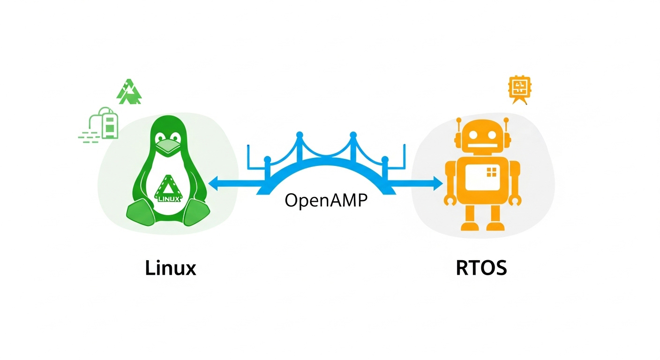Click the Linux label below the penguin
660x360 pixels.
pos(170,268)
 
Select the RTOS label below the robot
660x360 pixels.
pos(481,268)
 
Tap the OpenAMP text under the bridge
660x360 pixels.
pos(326,200)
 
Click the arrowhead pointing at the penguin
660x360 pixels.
pos(214,184)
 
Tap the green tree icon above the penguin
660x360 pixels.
pos(129,92)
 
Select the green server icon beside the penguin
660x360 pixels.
pos(109,124)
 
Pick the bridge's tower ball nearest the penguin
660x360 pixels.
pos(267,160)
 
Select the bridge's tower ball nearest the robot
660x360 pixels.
pos(385,160)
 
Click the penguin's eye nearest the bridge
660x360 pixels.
pos(175,137)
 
